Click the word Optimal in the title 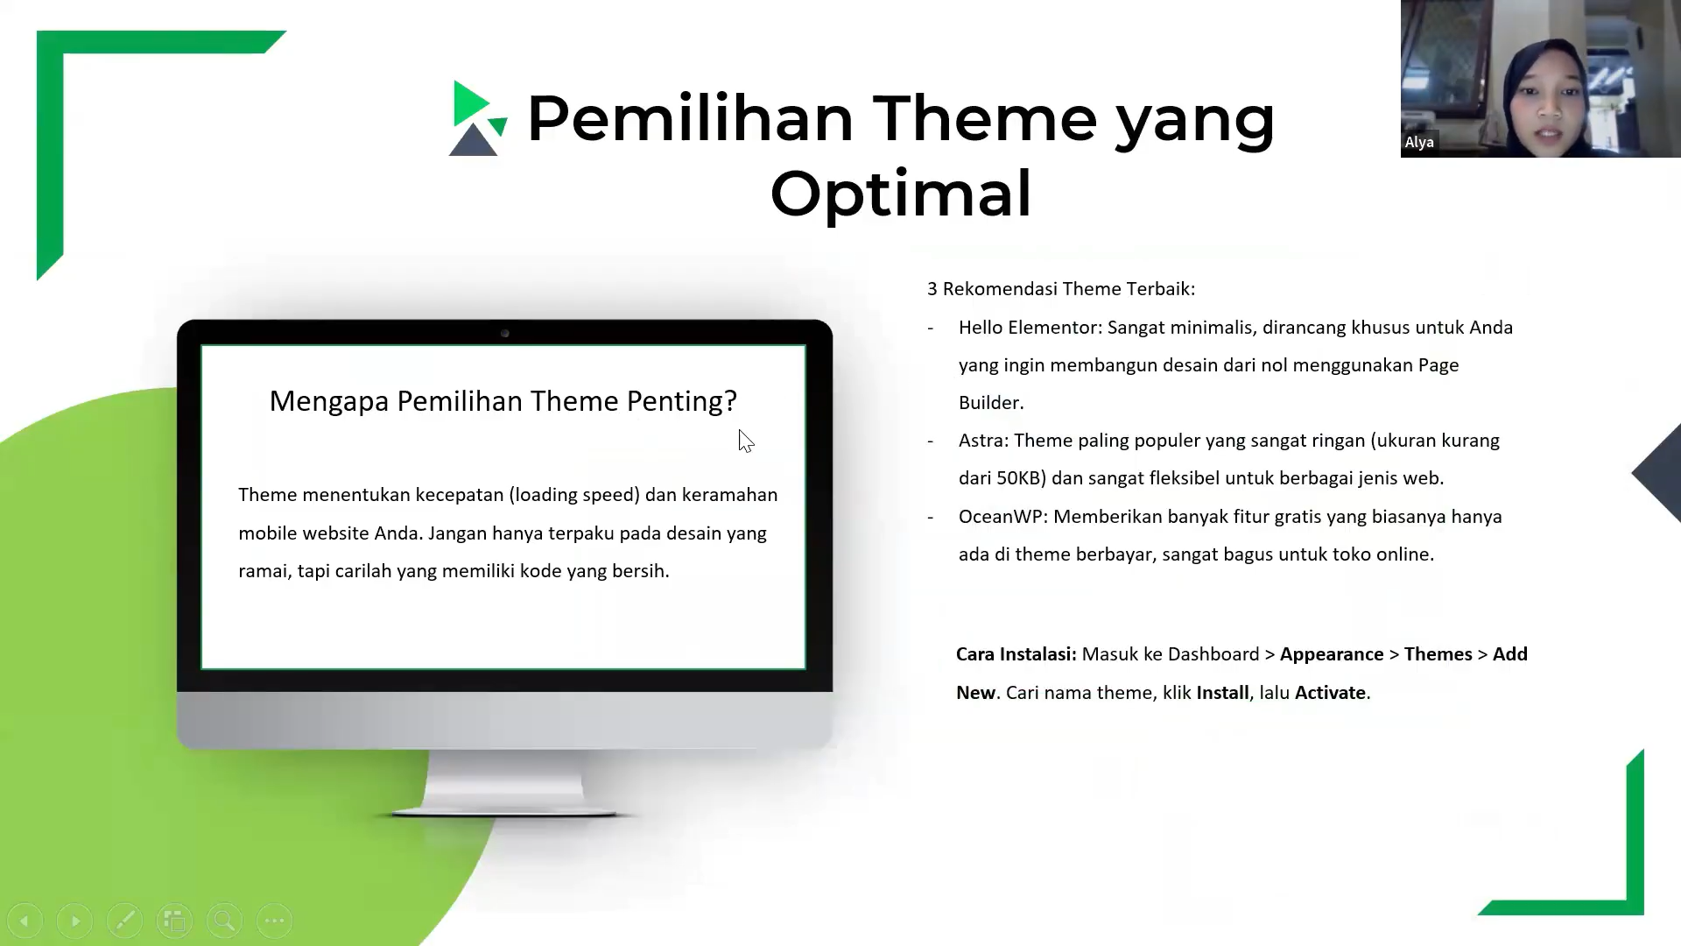tap(901, 194)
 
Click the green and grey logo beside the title tap(478, 118)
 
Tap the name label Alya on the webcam tap(1419, 142)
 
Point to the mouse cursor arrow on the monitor tap(746, 441)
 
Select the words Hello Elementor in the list tap(1029, 328)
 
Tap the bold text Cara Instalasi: tap(1016, 654)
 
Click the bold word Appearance tap(1332, 655)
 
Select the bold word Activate tap(1330, 693)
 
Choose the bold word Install tap(1222, 693)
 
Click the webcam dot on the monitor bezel tap(505, 334)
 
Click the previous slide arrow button tap(25, 921)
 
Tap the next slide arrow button tap(74, 921)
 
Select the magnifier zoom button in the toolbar tap(224, 921)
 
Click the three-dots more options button tap(275, 921)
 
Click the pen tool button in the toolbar tap(124, 921)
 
